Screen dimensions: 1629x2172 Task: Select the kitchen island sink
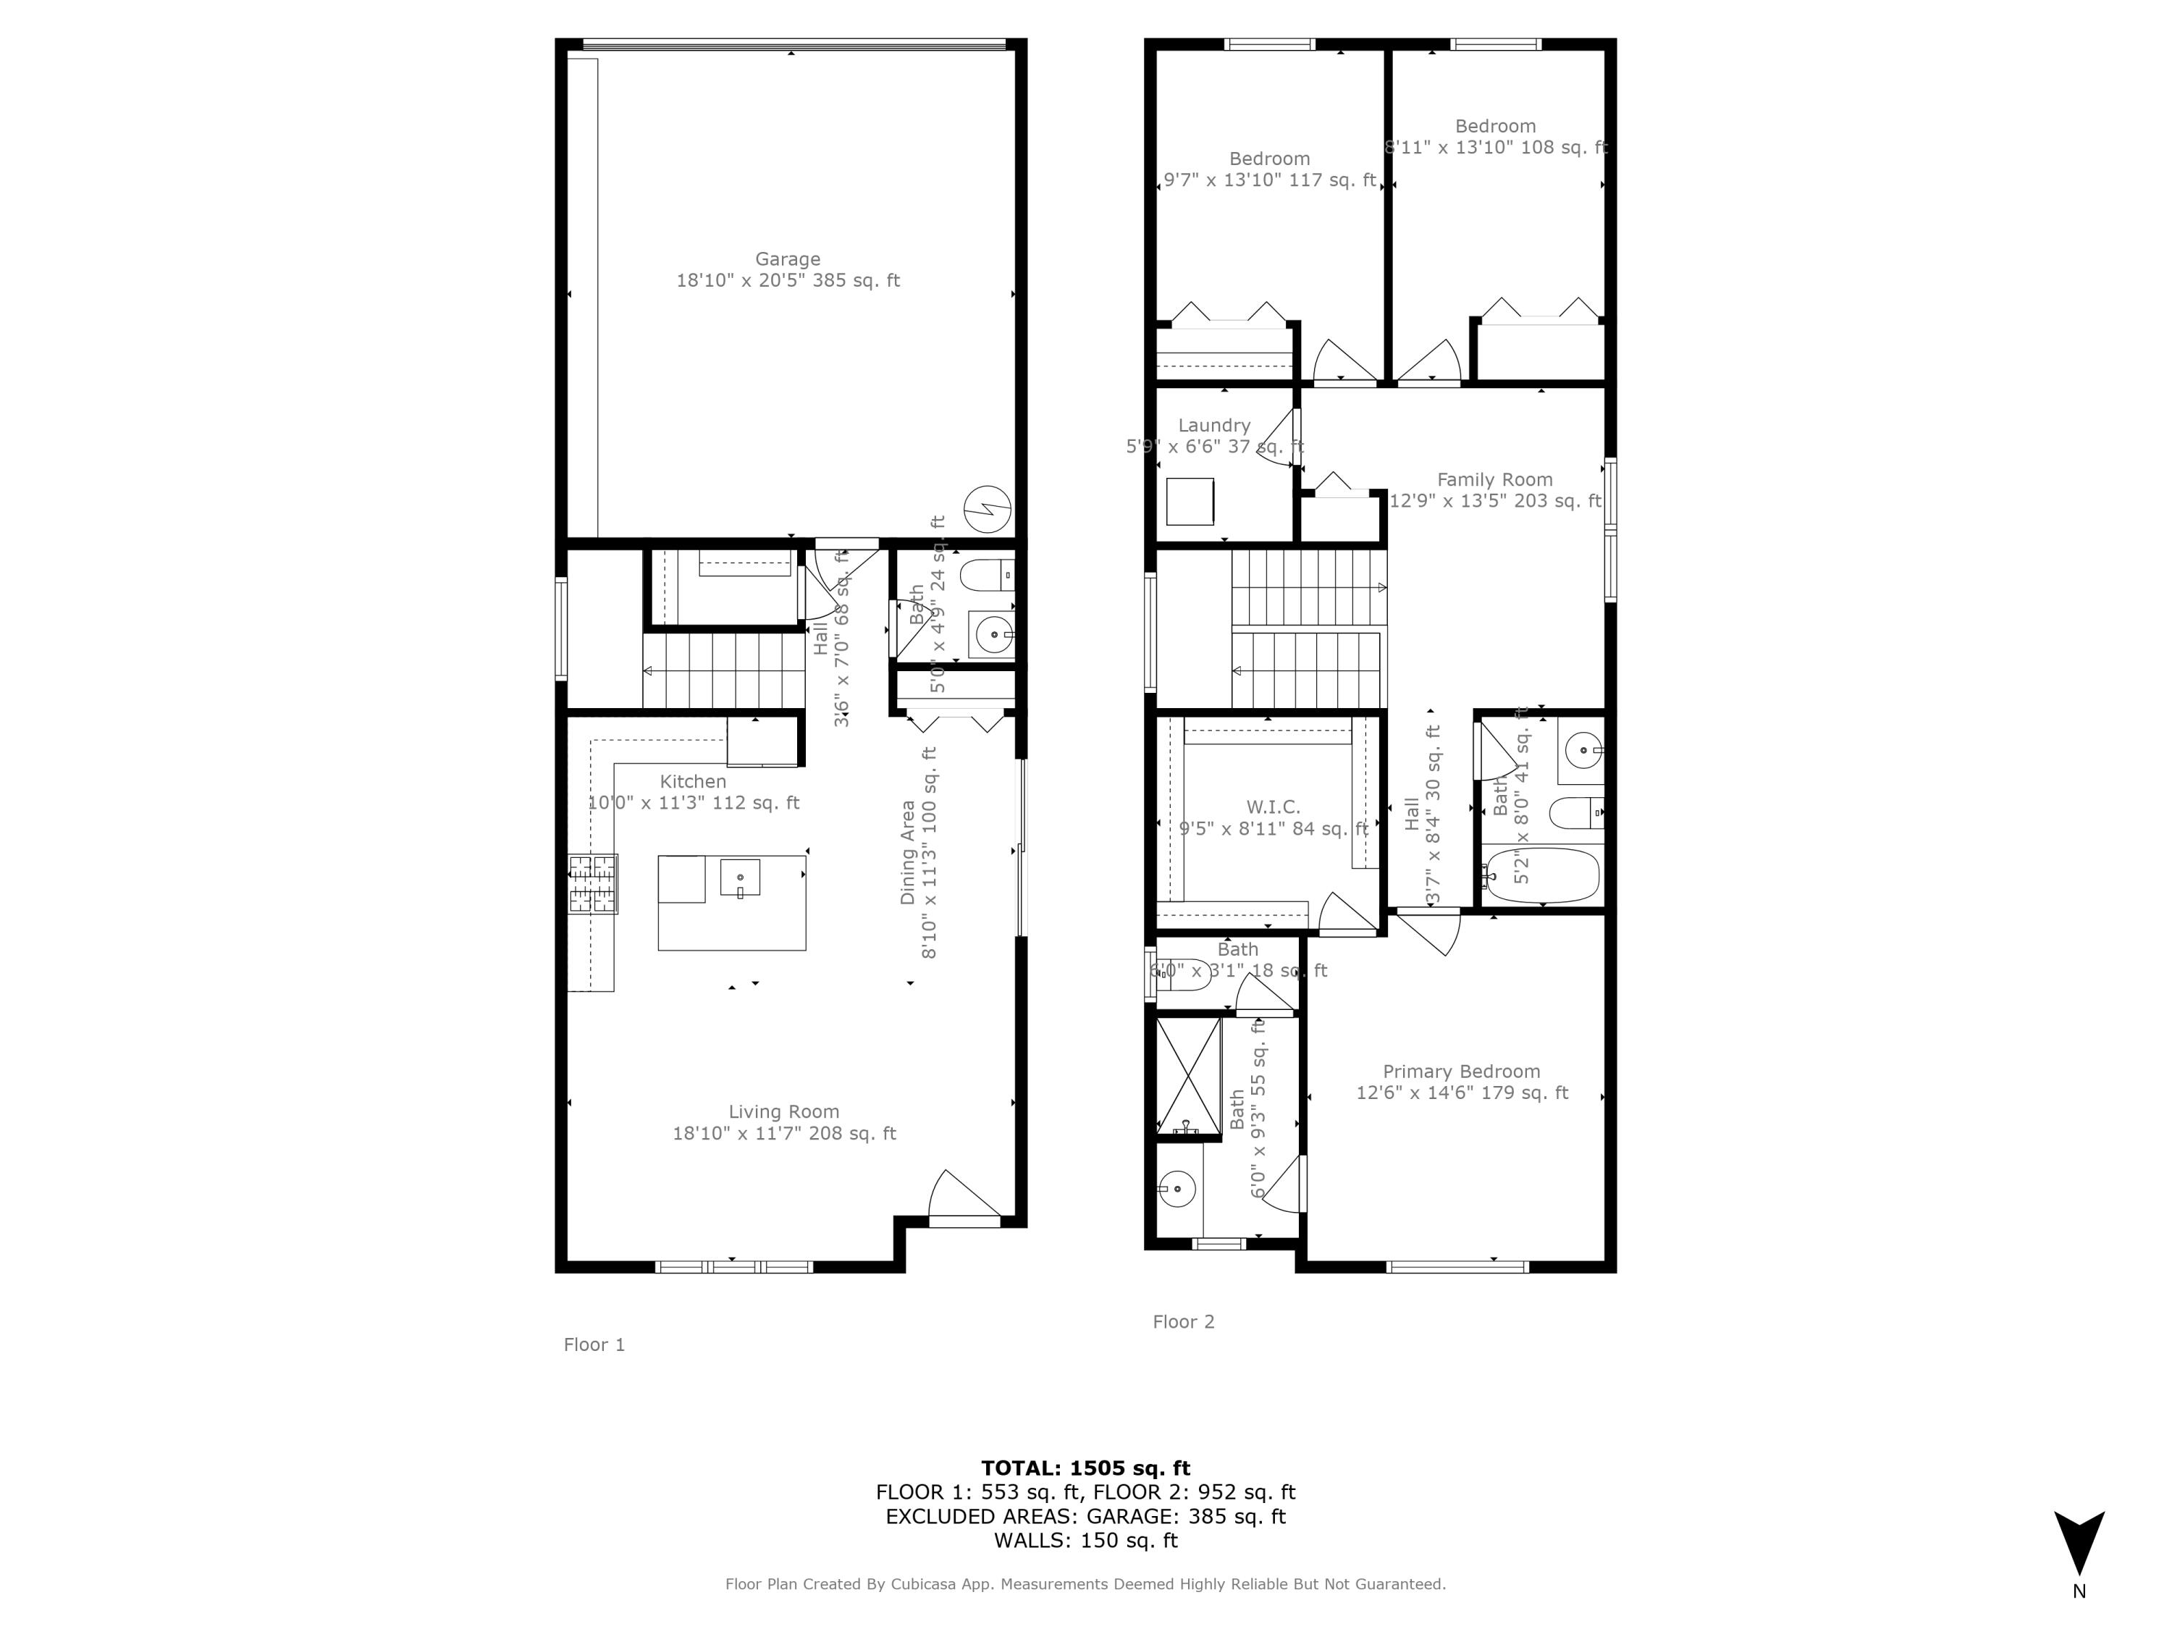[739, 877]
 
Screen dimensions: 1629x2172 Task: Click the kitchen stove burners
[592, 884]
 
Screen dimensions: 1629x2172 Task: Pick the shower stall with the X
[1188, 1078]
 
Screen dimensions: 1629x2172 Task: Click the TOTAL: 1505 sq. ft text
[1085, 1468]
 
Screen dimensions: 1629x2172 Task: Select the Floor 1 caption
[594, 1344]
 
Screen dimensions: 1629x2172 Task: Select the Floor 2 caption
[1183, 1321]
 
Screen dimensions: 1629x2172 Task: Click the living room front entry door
[964, 1200]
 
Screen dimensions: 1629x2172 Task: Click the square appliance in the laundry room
[1190, 502]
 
